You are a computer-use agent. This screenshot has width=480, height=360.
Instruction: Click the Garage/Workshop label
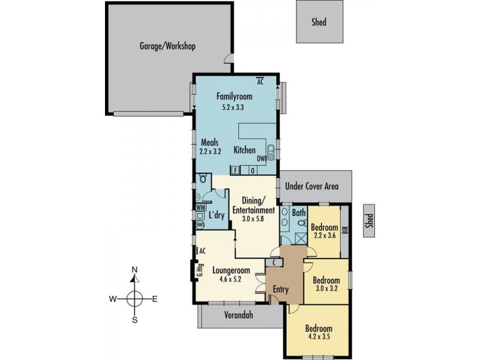coord(167,46)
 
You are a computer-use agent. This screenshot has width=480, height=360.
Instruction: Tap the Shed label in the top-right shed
coord(319,22)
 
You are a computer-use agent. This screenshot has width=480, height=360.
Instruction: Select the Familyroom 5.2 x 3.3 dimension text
coord(233,107)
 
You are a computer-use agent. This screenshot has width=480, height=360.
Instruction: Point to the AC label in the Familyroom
coord(260,82)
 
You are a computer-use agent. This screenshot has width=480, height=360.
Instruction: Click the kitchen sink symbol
coord(271,152)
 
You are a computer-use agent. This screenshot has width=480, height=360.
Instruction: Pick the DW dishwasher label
coord(261,159)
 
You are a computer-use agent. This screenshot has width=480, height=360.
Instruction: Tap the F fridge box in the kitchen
coord(235,170)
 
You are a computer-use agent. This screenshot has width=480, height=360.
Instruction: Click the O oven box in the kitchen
coord(253,171)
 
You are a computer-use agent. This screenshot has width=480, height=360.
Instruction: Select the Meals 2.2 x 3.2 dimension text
coord(210,151)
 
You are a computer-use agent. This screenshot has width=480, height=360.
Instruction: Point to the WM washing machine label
coord(201,207)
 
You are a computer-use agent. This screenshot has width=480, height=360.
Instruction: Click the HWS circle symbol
coord(200,224)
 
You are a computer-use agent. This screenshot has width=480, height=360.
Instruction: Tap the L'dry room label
coord(217,215)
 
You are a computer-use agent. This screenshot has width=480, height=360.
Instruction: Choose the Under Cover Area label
coord(311,186)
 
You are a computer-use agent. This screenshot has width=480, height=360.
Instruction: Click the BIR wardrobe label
coord(346,230)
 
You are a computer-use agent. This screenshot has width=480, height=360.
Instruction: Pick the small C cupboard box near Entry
coord(274,262)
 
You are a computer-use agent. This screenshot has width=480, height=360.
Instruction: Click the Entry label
coord(281,289)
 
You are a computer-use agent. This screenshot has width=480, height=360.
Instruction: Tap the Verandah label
coord(238,315)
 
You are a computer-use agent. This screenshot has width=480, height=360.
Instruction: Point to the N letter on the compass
coord(134,269)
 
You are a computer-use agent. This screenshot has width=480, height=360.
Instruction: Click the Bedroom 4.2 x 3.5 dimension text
coord(319,337)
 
